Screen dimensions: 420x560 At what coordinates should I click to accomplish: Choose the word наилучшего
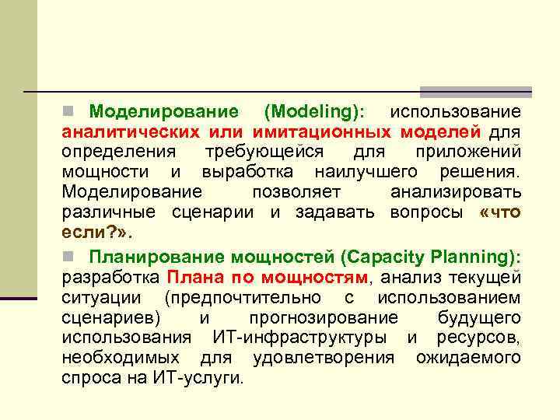tap(366, 170)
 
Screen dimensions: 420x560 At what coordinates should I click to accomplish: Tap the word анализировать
tap(456, 191)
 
